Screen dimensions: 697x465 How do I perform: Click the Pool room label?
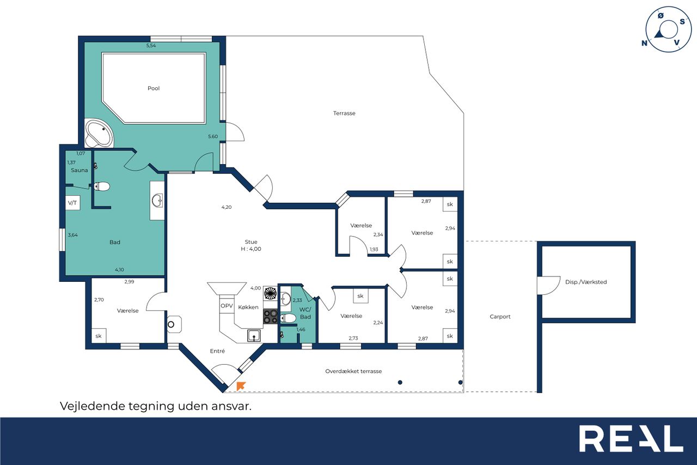coord(154,88)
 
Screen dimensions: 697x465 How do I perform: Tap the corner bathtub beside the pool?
coord(99,134)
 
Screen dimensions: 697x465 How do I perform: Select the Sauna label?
coord(80,170)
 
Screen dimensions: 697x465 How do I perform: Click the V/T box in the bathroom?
coord(72,203)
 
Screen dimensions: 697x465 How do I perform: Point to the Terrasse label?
coord(344,113)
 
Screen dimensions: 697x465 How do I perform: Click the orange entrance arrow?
coord(241,386)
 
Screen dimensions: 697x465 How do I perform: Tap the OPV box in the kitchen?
coord(227,306)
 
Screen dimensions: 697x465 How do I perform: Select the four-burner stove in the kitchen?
coord(271,316)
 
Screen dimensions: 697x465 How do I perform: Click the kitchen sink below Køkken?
coord(254,336)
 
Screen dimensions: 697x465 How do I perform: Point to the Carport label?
coord(500,316)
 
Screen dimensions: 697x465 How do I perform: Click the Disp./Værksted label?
coord(586,282)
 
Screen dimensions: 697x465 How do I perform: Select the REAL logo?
coord(631,438)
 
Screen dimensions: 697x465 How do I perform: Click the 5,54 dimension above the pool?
coord(151,45)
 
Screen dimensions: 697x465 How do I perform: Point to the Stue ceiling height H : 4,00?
coord(251,249)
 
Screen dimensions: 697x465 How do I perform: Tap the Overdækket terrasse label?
coord(353,371)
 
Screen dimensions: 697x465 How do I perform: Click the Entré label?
coord(217,351)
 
